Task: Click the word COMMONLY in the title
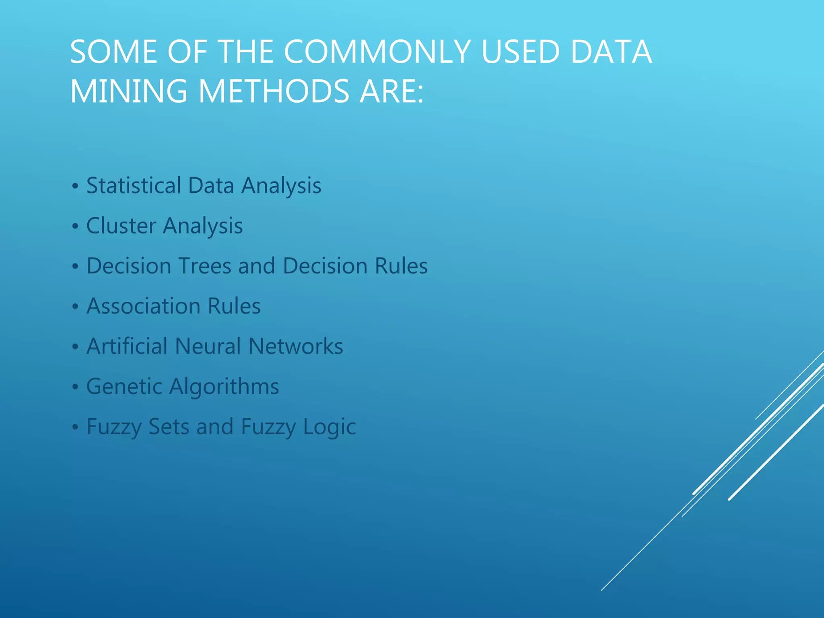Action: coord(377,52)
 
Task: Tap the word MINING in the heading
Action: coord(129,91)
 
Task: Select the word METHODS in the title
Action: coord(274,91)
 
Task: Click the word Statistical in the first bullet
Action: coord(134,185)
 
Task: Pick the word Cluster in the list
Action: coord(121,225)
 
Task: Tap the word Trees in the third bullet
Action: coord(205,266)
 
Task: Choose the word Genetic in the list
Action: coord(124,387)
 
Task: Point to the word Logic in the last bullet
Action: coord(329,427)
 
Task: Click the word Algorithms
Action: coord(224,387)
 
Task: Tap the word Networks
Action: coord(296,346)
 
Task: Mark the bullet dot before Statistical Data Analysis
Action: coord(75,186)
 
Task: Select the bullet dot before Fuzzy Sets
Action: coord(75,427)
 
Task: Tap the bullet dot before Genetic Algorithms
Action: coord(75,387)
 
